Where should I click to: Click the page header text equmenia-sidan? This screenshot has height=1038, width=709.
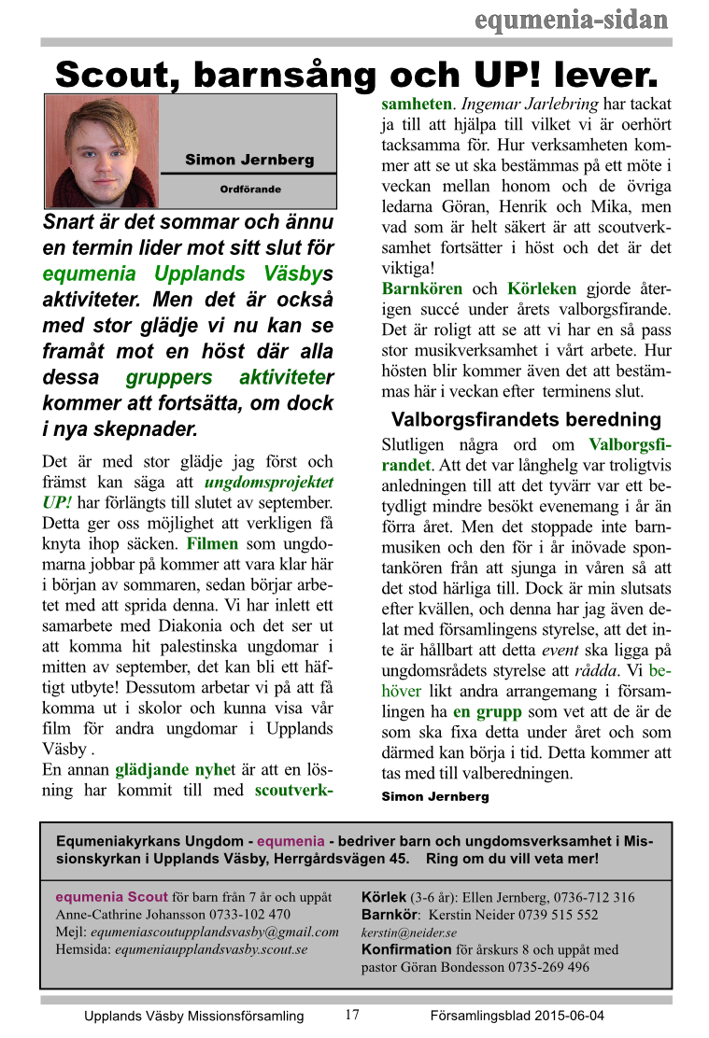pyautogui.click(x=571, y=20)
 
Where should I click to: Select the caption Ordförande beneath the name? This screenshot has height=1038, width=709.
pyautogui.click(x=249, y=189)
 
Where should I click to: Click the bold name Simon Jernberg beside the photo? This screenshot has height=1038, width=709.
pyautogui.click(x=249, y=160)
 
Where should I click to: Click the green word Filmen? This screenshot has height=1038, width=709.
pyautogui.click(x=212, y=543)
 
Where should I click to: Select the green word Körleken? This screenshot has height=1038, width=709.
pyautogui.click(x=541, y=288)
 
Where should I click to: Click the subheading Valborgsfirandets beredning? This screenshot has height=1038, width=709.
pyautogui.click(x=526, y=419)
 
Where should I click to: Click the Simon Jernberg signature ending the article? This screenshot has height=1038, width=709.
pyautogui.click(x=434, y=797)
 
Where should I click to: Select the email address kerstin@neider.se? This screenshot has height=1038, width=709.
pyautogui.click(x=408, y=933)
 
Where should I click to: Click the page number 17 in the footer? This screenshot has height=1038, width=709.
pyautogui.click(x=352, y=1015)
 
